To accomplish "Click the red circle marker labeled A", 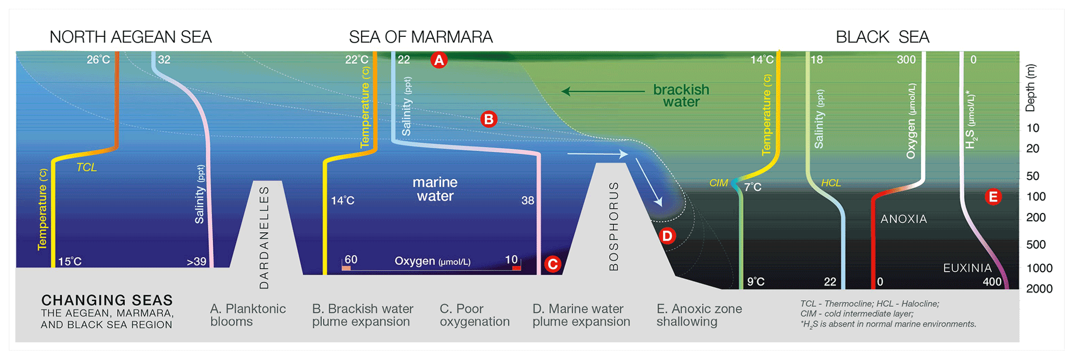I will [x=439, y=60].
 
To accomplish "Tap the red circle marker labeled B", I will [x=488, y=119].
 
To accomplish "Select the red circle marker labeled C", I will [x=552, y=264].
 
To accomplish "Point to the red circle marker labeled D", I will [x=667, y=236].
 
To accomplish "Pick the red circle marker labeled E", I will [x=993, y=197].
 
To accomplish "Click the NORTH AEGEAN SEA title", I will [x=130, y=37].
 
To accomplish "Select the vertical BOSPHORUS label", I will [x=614, y=226].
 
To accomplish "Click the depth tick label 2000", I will [x=1039, y=289].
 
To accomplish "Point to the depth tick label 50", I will [x=1033, y=176].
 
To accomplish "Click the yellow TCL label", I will [x=87, y=167].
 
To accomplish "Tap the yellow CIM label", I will [x=719, y=183].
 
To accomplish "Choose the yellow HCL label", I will [x=831, y=183].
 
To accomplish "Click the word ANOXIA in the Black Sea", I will [x=904, y=219].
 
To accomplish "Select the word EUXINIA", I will [x=967, y=268].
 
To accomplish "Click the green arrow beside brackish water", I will [x=603, y=91].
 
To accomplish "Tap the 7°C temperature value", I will [x=753, y=187].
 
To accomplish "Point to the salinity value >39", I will [x=196, y=262].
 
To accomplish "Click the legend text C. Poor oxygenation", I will [x=474, y=315].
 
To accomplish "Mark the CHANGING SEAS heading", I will [x=107, y=300].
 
